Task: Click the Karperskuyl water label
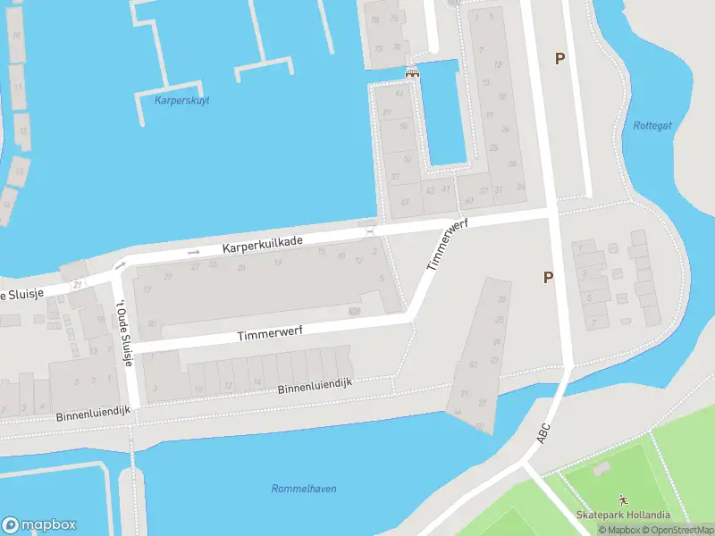pyautogui.click(x=181, y=100)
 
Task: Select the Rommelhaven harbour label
pyautogui.click(x=304, y=489)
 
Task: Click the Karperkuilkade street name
pyautogui.click(x=263, y=241)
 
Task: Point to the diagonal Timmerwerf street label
pyautogui.click(x=447, y=247)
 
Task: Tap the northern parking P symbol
pyautogui.click(x=560, y=59)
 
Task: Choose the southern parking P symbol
pyautogui.click(x=549, y=278)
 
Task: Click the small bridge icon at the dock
pyautogui.click(x=412, y=73)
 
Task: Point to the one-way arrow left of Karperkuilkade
pyautogui.click(x=194, y=253)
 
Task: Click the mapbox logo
pyautogui.click(x=39, y=525)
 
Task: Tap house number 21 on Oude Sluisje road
pyautogui.click(x=79, y=284)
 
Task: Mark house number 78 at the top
pyautogui.click(x=375, y=20)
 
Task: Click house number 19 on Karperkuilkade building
pyautogui.click(x=279, y=263)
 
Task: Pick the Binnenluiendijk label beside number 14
pyautogui.click(x=315, y=383)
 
